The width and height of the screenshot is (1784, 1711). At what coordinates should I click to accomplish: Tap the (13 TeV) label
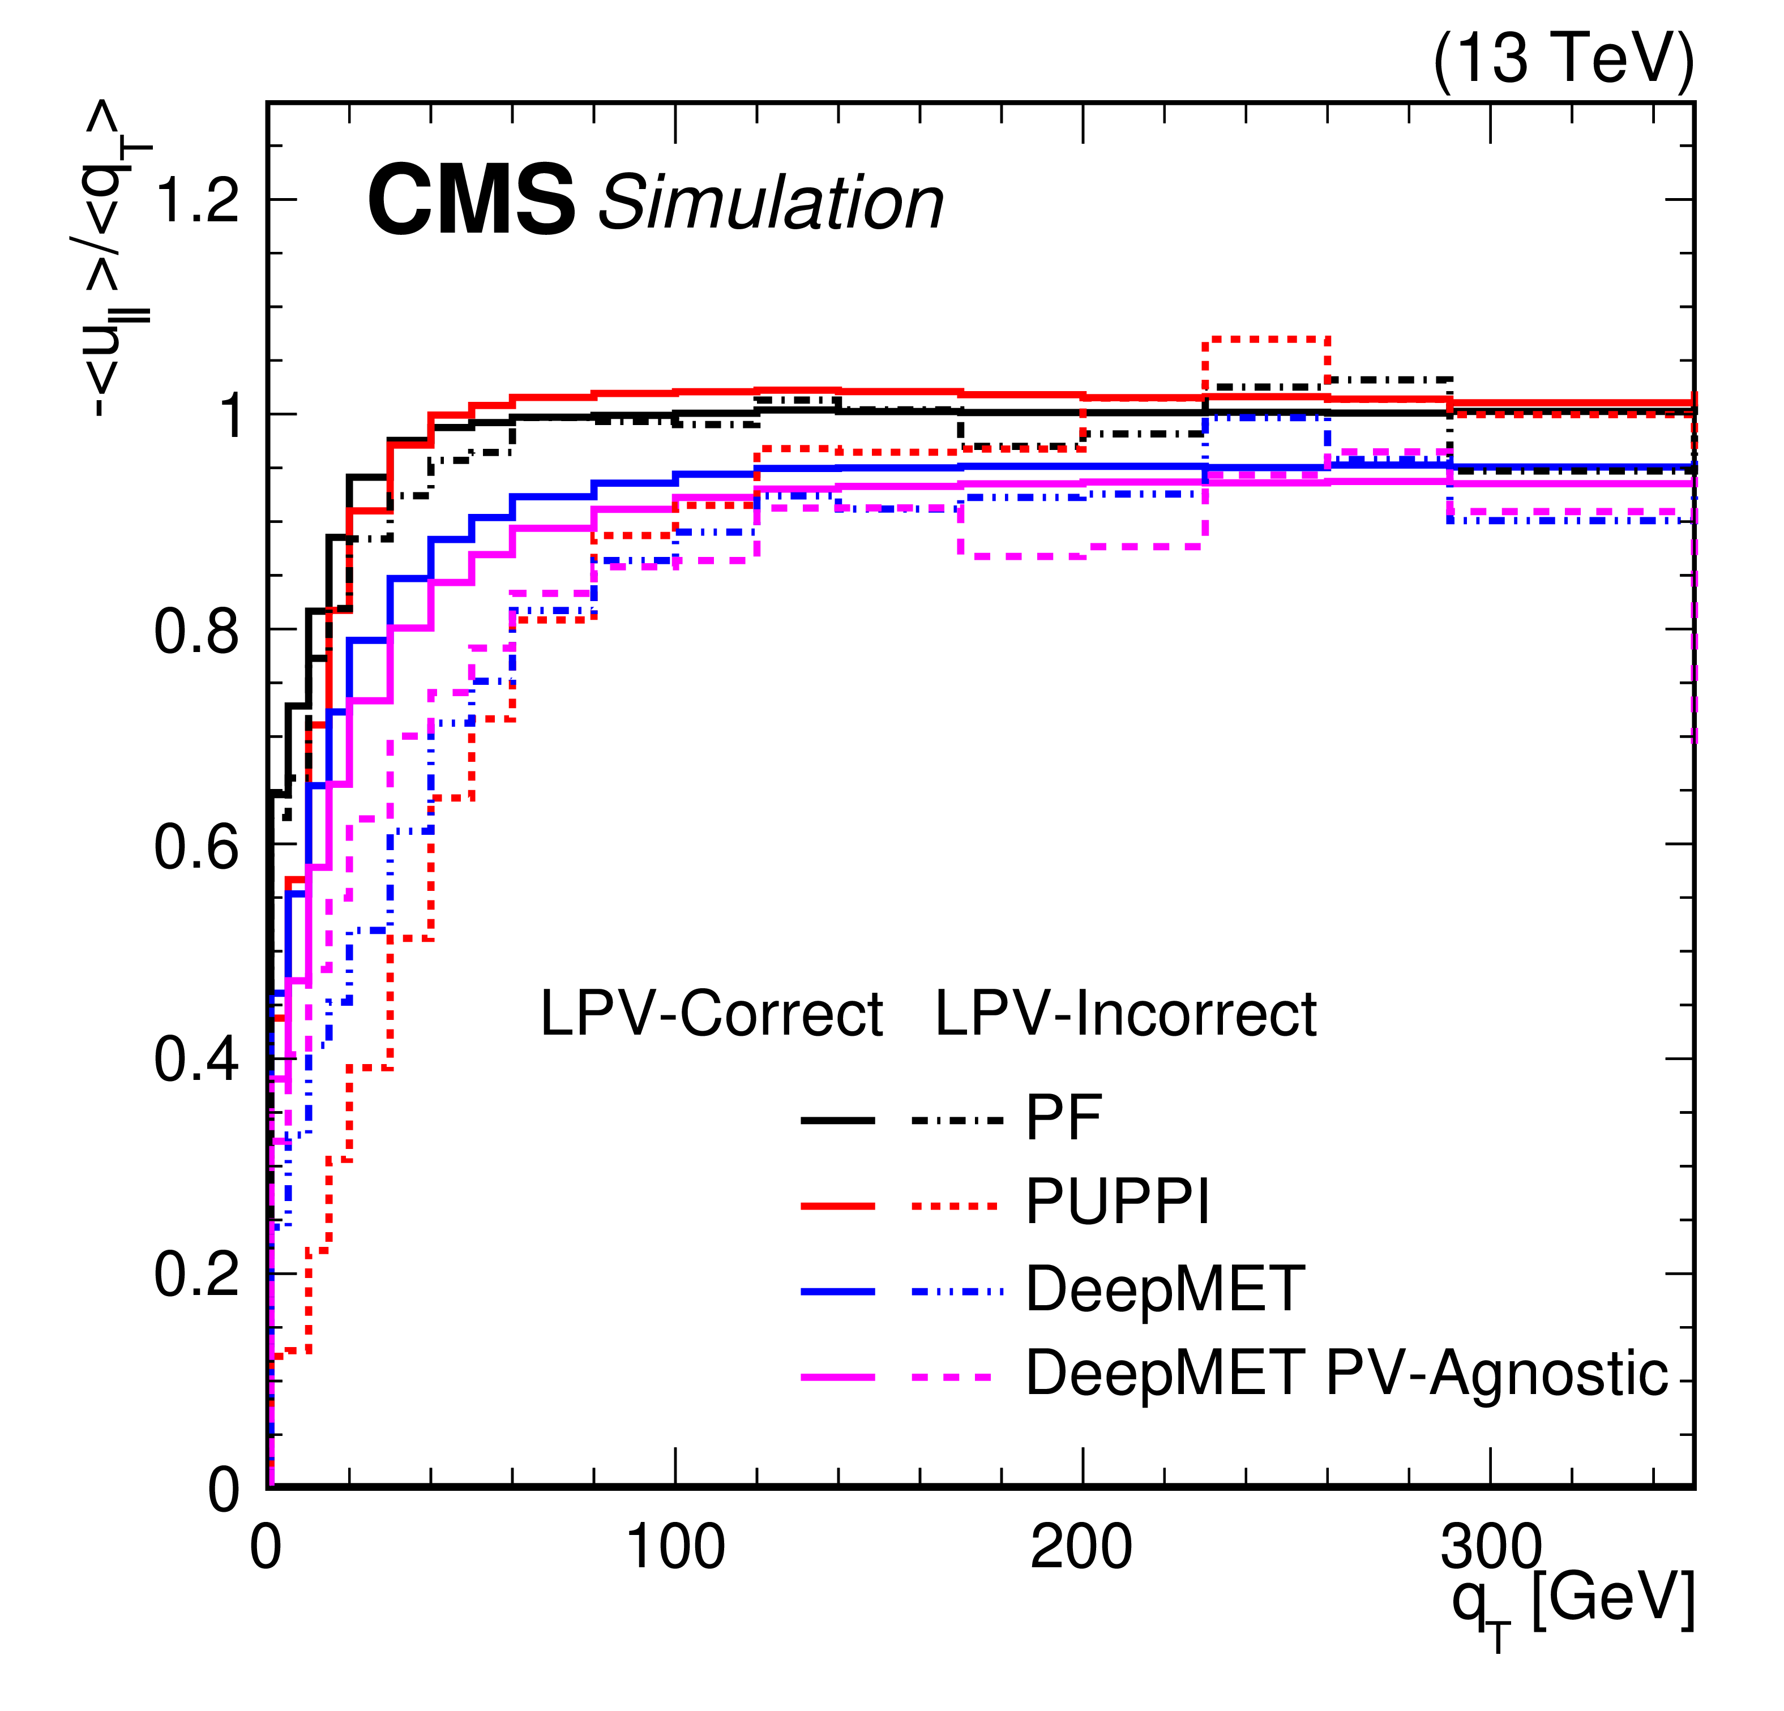[1563, 58]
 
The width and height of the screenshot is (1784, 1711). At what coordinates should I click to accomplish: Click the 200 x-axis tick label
[1081, 1547]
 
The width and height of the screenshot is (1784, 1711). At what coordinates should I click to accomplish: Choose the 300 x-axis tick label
[1490, 1547]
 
